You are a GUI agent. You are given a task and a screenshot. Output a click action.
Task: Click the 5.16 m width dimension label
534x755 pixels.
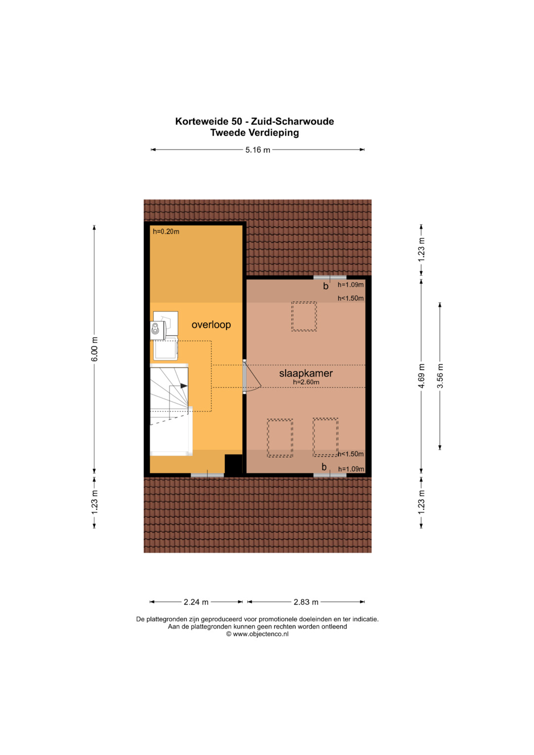258,150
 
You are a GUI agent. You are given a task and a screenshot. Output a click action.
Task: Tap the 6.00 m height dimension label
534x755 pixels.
95,349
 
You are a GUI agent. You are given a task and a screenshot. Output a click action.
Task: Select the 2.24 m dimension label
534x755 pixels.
196,602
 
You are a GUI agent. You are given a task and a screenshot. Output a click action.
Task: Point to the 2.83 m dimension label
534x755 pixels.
306,602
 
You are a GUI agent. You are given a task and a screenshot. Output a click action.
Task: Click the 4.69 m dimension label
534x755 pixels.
421,376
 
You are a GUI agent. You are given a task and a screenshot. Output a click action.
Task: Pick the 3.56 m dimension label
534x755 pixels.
440,376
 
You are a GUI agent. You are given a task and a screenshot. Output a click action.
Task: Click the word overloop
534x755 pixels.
211,324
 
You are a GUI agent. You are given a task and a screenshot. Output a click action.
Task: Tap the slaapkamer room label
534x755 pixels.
306,373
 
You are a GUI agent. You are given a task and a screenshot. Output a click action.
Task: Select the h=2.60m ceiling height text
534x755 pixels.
306,382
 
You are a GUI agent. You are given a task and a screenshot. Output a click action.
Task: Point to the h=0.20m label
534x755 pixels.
166,231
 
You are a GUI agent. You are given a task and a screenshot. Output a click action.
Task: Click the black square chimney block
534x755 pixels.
233,465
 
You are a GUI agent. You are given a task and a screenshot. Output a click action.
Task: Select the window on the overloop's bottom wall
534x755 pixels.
207,475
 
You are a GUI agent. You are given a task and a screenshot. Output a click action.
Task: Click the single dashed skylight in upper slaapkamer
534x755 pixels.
304,316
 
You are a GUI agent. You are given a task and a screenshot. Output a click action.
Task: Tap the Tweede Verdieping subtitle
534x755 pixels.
255,133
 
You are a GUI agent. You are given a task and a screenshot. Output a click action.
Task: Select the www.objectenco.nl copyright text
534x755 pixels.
257,634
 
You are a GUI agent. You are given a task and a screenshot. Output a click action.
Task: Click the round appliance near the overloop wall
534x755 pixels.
155,328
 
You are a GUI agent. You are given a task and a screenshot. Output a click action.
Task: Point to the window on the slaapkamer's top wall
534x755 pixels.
330,277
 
